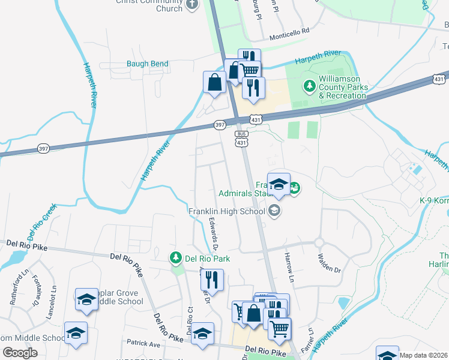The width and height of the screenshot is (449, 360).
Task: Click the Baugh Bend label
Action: click(147, 64)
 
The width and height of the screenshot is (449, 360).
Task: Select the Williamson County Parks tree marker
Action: click(310, 86)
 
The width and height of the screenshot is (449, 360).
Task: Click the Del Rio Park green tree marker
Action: click(176, 259)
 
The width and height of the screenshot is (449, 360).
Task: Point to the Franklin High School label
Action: click(226, 211)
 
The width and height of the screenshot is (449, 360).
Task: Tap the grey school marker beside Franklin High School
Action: click(274, 210)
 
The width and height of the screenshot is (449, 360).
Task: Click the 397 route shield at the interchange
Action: click(220, 125)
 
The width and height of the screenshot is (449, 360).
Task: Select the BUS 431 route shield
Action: click(241, 139)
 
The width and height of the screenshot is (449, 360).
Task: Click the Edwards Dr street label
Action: click(213, 234)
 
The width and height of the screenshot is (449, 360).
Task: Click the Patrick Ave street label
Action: click(143, 344)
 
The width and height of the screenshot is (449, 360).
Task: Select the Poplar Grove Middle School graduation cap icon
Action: click(86, 298)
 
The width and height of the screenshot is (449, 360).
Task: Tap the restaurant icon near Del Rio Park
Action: click(212, 279)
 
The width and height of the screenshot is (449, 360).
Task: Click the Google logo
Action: click(20, 353)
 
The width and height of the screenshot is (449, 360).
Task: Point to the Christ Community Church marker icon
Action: click(192, 5)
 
